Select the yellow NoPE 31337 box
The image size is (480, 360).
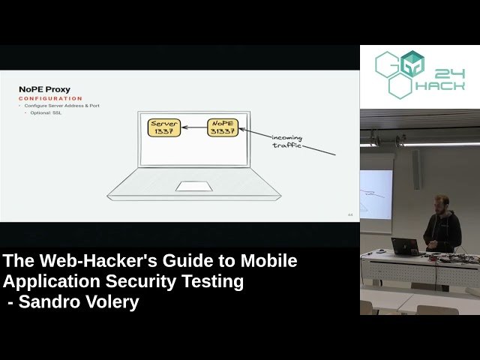(223, 127)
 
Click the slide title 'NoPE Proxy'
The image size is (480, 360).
(44, 90)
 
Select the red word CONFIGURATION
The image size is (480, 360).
(50, 99)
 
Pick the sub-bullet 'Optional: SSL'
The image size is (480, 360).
(49, 112)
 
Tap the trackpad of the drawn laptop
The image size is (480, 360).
(193, 185)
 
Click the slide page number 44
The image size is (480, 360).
(350, 214)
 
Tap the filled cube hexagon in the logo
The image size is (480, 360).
(412, 64)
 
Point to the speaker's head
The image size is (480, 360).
(442, 202)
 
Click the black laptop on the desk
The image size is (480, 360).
(405, 247)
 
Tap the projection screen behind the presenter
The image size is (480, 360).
(376, 193)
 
